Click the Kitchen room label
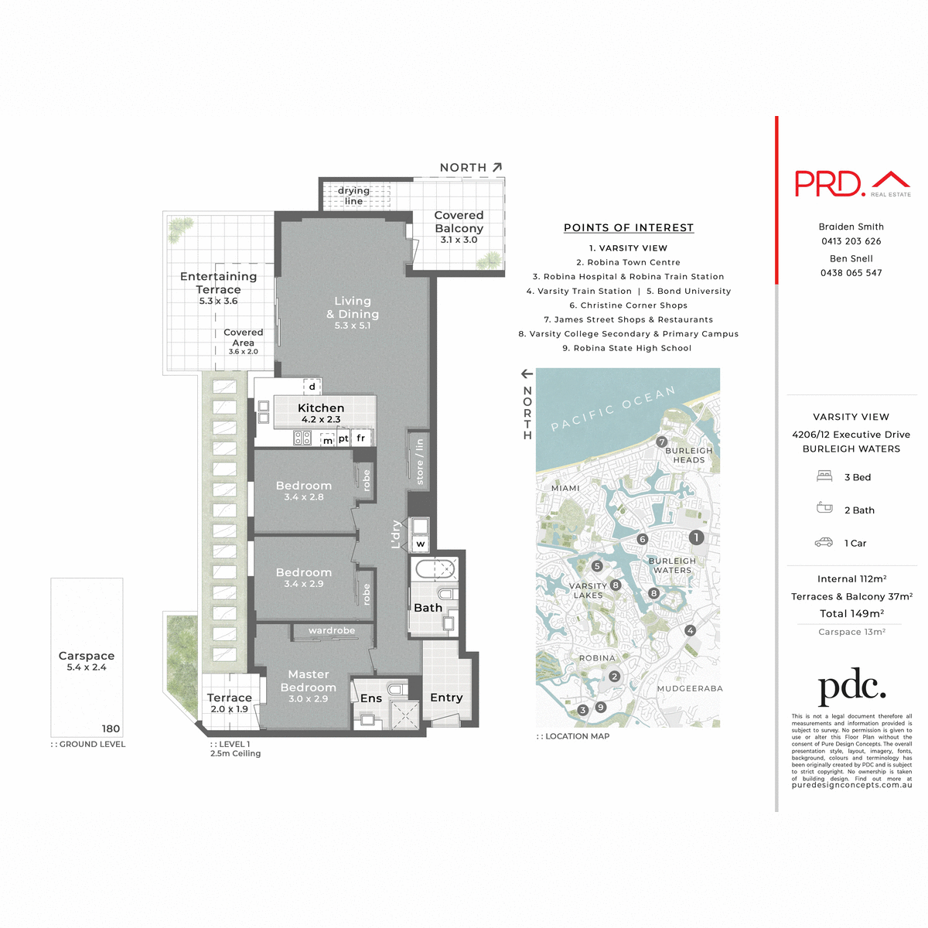point(321,408)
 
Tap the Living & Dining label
point(353,308)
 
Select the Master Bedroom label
point(308,681)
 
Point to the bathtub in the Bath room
point(436,570)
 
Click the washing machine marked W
point(420,544)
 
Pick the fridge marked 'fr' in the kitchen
point(360,438)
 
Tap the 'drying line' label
point(353,196)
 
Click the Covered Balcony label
point(459,222)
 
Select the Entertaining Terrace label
point(218,283)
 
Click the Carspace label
point(87,656)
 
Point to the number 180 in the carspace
point(111,728)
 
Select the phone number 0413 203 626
point(851,241)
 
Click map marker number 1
point(696,537)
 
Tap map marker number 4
point(691,631)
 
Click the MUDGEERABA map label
point(690,688)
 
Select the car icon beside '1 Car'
point(824,543)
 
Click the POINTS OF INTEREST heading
point(628,227)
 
